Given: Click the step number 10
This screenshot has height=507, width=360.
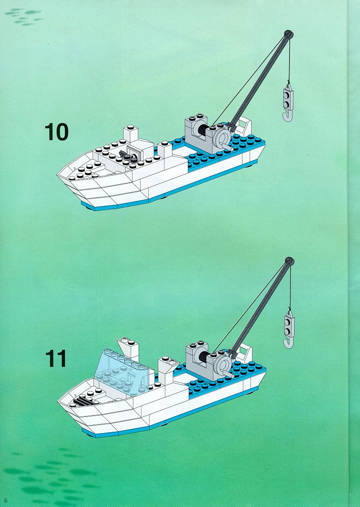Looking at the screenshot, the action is (x=57, y=131).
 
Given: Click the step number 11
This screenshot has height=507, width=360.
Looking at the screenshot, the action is (x=55, y=358).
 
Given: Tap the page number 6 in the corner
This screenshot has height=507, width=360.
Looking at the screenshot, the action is (x=5, y=501).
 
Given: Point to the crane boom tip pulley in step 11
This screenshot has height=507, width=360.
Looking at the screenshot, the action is (x=289, y=261).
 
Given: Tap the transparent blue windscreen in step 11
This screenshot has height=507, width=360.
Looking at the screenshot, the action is (x=122, y=371).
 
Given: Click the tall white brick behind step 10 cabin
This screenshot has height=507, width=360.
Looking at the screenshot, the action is (x=131, y=134).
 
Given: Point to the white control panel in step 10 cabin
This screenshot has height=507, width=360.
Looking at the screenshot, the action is (x=135, y=150).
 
